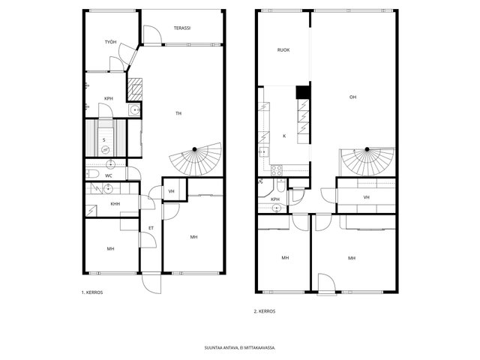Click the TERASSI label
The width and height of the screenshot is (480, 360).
pyautogui.click(x=182, y=28)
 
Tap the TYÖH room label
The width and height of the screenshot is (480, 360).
pyautogui.click(x=110, y=42)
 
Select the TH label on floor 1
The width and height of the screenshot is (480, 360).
pyautogui.click(x=178, y=113)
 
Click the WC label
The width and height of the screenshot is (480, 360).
pyautogui.click(x=108, y=176)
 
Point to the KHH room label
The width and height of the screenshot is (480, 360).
pyautogui.click(x=115, y=204)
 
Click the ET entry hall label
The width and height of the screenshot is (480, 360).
pyautogui.click(x=151, y=228)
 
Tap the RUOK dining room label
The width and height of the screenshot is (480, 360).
pyautogui.click(x=283, y=50)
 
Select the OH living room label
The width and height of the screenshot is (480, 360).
pyautogui.click(x=353, y=97)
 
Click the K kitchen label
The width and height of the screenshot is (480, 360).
pyautogui.click(x=284, y=136)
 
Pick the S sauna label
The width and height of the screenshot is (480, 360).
pyautogui.click(x=104, y=140)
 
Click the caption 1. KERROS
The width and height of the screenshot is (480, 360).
pyautogui.click(x=92, y=292)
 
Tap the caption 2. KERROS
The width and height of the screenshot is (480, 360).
pyautogui.click(x=265, y=312)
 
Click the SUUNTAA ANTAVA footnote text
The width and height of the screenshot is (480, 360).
pyautogui.click(x=240, y=348)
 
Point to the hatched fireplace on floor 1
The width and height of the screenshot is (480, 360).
pyautogui.click(x=135, y=89)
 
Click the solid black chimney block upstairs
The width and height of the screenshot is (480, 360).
pyautogui.click(x=303, y=92)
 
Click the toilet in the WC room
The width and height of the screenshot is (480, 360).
pyautogui.click(x=92, y=174)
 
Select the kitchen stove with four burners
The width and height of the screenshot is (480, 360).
pyautogui.click(x=277, y=170)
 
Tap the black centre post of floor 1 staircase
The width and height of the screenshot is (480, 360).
pyautogui.click(x=194, y=149)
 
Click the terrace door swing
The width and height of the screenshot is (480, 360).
pyautogui.click(x=152, y=34)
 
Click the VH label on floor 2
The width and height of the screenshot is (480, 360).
pyautogui.click(x=367, y=197)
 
